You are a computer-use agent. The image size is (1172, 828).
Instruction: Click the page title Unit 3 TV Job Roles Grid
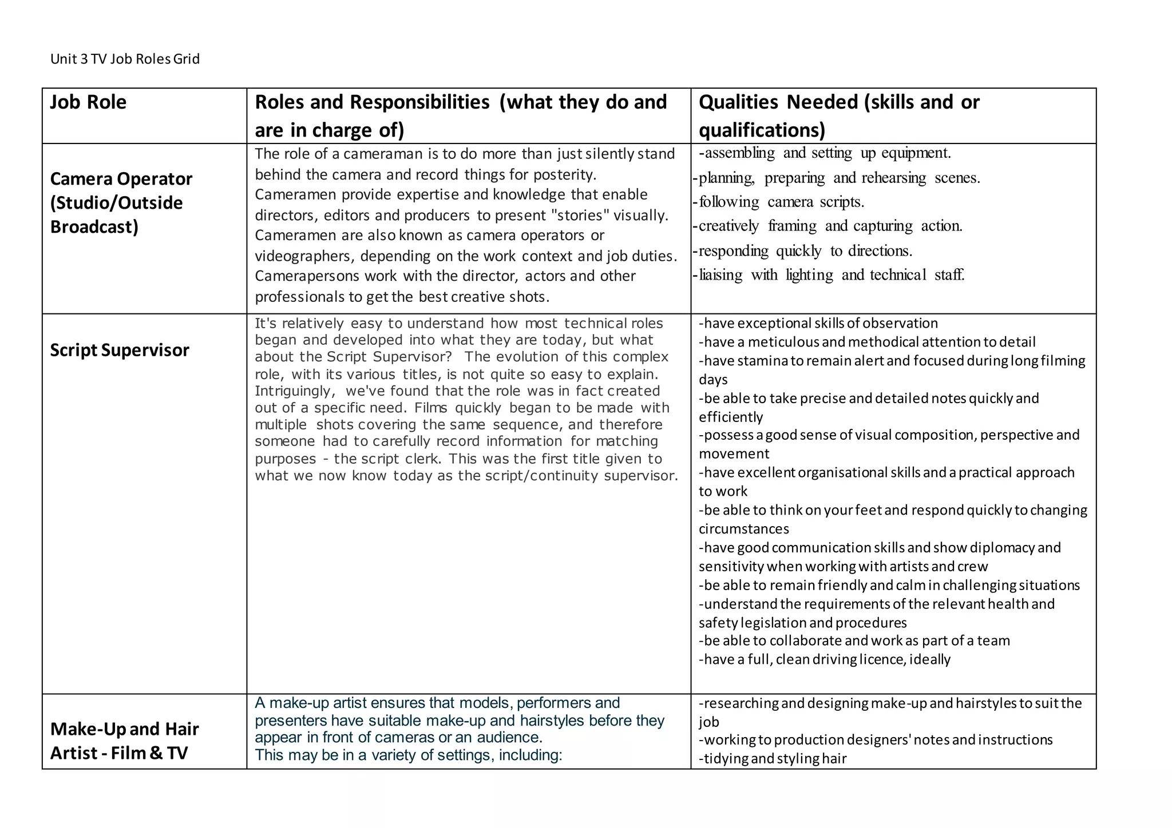point(125,59)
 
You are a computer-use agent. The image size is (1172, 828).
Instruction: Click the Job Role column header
point(88,102)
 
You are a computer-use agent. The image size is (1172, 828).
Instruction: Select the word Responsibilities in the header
point(419,102)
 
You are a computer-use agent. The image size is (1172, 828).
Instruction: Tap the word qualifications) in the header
point(762,130)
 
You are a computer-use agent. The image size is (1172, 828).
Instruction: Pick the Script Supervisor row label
point(119,350)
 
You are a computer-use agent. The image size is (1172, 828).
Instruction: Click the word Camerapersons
point(307,276)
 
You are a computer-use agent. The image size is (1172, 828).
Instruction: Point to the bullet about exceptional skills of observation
point(818,323)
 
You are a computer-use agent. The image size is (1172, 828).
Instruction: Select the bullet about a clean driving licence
point(824,659)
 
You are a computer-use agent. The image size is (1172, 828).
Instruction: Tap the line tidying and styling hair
point(773,759)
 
